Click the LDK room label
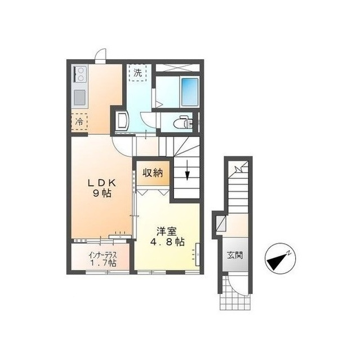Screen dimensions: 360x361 [102, 183]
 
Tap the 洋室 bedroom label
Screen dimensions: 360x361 [167, 231]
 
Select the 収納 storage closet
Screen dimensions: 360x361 [153, 173]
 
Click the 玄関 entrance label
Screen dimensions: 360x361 [235, 255]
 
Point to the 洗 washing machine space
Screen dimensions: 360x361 [138, 73]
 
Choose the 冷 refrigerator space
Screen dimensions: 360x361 [79, 122]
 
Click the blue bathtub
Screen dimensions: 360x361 [190, 92]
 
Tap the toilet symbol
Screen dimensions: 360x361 [183, 122]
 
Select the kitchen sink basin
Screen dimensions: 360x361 [80, 98]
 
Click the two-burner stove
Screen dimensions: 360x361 [79, 74]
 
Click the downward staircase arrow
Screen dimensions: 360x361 [188, 170]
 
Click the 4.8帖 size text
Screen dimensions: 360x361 [167, 242]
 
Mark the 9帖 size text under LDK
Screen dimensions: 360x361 [102, 193]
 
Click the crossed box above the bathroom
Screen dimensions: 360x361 [177, 68]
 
